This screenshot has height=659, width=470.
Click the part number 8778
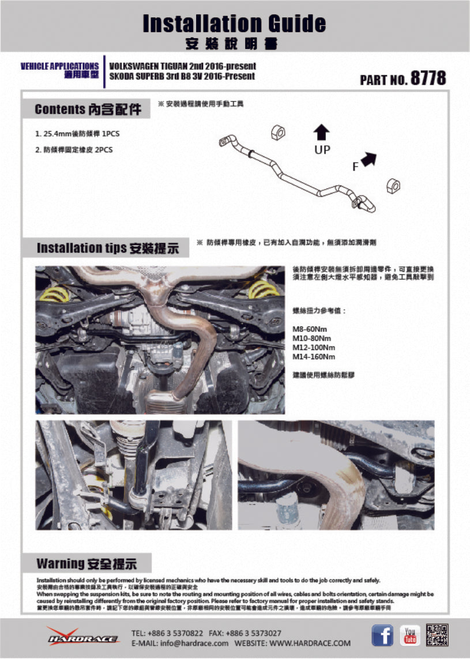coord(428,78)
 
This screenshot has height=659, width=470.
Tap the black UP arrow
coord(321,133)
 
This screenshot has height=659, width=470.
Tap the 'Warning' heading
coord(87,563)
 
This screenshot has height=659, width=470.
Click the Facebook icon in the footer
coord(382,635)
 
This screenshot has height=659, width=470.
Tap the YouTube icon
coord(410,635)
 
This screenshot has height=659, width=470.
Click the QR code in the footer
coord(437,635)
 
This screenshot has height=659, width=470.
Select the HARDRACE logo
coord(84,637)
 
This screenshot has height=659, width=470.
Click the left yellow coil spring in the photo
coord(55,294)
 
